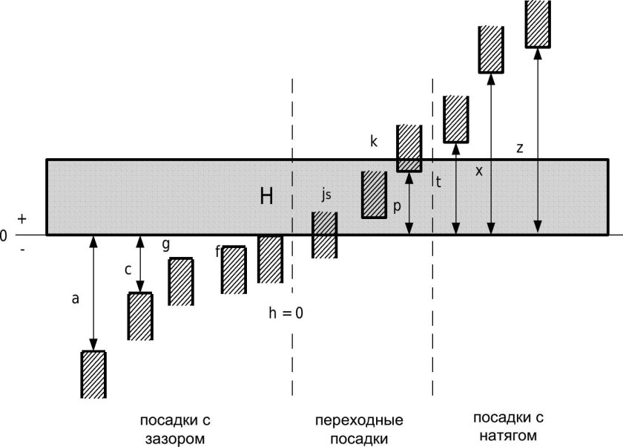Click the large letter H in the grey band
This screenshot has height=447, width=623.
pos(267,197)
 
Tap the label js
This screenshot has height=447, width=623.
pos(326,195)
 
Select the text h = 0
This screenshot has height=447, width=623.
pos(286,313)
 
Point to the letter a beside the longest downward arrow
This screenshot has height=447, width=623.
pos(75,299)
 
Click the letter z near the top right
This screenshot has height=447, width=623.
pos(520,148)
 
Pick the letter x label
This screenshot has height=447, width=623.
pos(479,171)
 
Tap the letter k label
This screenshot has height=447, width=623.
pos(374,140)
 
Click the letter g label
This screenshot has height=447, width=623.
pos(165,244)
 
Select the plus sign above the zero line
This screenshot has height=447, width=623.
pos(22,219)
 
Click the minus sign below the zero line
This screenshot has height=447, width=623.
pos(22,249)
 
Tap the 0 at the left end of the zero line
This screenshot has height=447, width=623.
pos(4,235)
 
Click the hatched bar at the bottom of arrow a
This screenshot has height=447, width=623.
pos(93,373)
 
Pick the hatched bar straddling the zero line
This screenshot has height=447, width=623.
pos(324,235)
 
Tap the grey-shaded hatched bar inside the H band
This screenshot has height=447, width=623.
pos(375,195)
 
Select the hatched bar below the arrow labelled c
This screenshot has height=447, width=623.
pos(140,316)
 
